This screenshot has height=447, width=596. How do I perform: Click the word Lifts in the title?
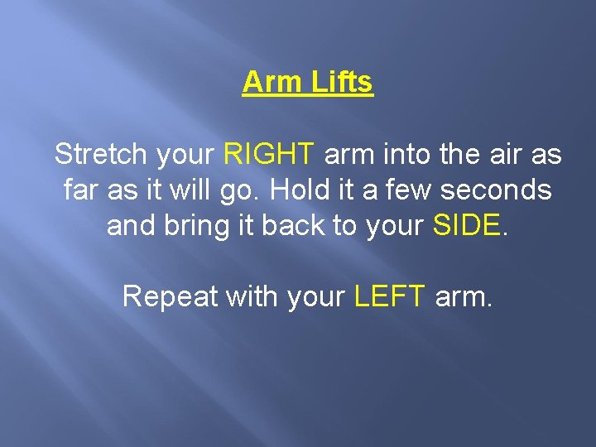coord(341,83)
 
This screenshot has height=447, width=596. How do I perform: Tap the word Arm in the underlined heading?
coord(272,83)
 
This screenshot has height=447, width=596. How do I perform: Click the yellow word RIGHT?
coord(269,154)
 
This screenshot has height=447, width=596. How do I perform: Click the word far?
coord(79,190)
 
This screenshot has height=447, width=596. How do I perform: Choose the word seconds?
coord(496,190)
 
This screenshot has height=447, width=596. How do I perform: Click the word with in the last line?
coord(253,296)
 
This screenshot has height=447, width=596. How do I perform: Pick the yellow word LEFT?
coord(390,296)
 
